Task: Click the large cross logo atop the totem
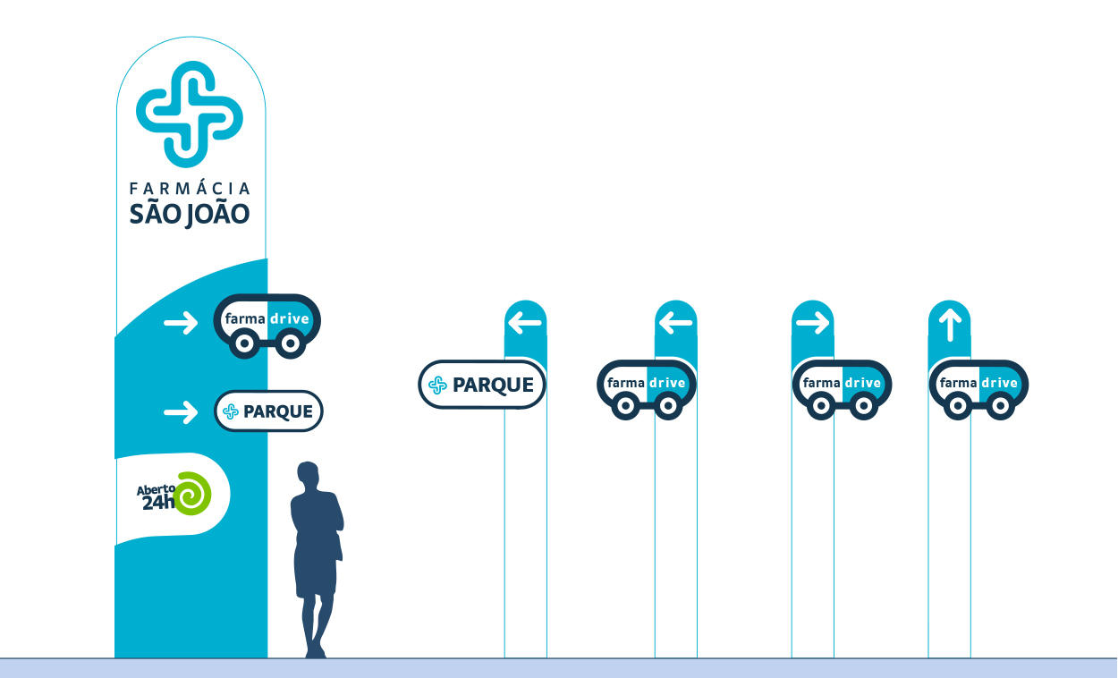(x=190, y=114)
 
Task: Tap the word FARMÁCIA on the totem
(x=191, y=189)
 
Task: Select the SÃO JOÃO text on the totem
(x=191, y=215)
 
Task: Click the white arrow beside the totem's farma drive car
(x=181, y=323)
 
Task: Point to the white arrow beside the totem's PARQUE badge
(x=181, y=411)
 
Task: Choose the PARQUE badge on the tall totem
(x=268, y=411)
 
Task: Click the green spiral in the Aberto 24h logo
(x=192, y=494)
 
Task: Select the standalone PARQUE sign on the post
(x=481, y=385)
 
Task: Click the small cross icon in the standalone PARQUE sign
(x=437, y=386)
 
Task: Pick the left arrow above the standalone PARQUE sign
(x=525, y=323)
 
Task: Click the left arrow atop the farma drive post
(x=675, y=323)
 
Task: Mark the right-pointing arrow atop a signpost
(x=812, y=323)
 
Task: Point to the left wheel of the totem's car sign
(x=243, y=343)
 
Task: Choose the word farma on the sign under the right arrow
(x=821, y=384)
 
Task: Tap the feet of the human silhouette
(x=315, y=653)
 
